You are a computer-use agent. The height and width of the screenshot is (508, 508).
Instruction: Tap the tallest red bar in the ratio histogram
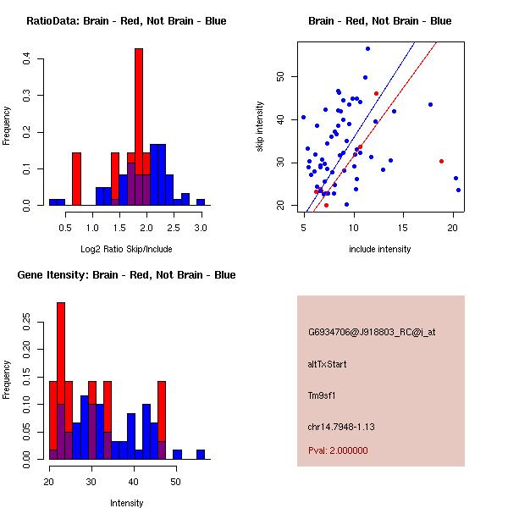(x=139, y=127)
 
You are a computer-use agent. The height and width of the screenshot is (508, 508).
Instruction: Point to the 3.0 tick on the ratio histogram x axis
(x=201, y=227)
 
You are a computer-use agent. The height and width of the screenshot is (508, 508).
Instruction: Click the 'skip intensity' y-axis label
(x=260, y=126)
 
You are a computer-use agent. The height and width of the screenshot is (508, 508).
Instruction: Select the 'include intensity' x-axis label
(x=380, y=249)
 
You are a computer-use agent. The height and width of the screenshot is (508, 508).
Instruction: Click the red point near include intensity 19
(x=441, y=161)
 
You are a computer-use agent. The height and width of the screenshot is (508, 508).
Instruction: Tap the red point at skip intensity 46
(x=376, y=93)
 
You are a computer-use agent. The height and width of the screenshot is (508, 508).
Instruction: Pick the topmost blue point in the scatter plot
(x=367, y=48)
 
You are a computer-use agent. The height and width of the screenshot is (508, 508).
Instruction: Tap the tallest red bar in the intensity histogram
(x=60, y=381)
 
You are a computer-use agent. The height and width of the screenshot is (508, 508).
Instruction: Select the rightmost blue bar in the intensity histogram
(x=201, y=455)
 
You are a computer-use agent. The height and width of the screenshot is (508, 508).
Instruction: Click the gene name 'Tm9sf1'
(x=323, y=395)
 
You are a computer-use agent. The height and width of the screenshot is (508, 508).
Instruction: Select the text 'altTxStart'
(x=328, y=364)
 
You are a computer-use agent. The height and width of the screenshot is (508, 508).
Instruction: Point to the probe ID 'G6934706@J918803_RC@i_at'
(x=372, y=333)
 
